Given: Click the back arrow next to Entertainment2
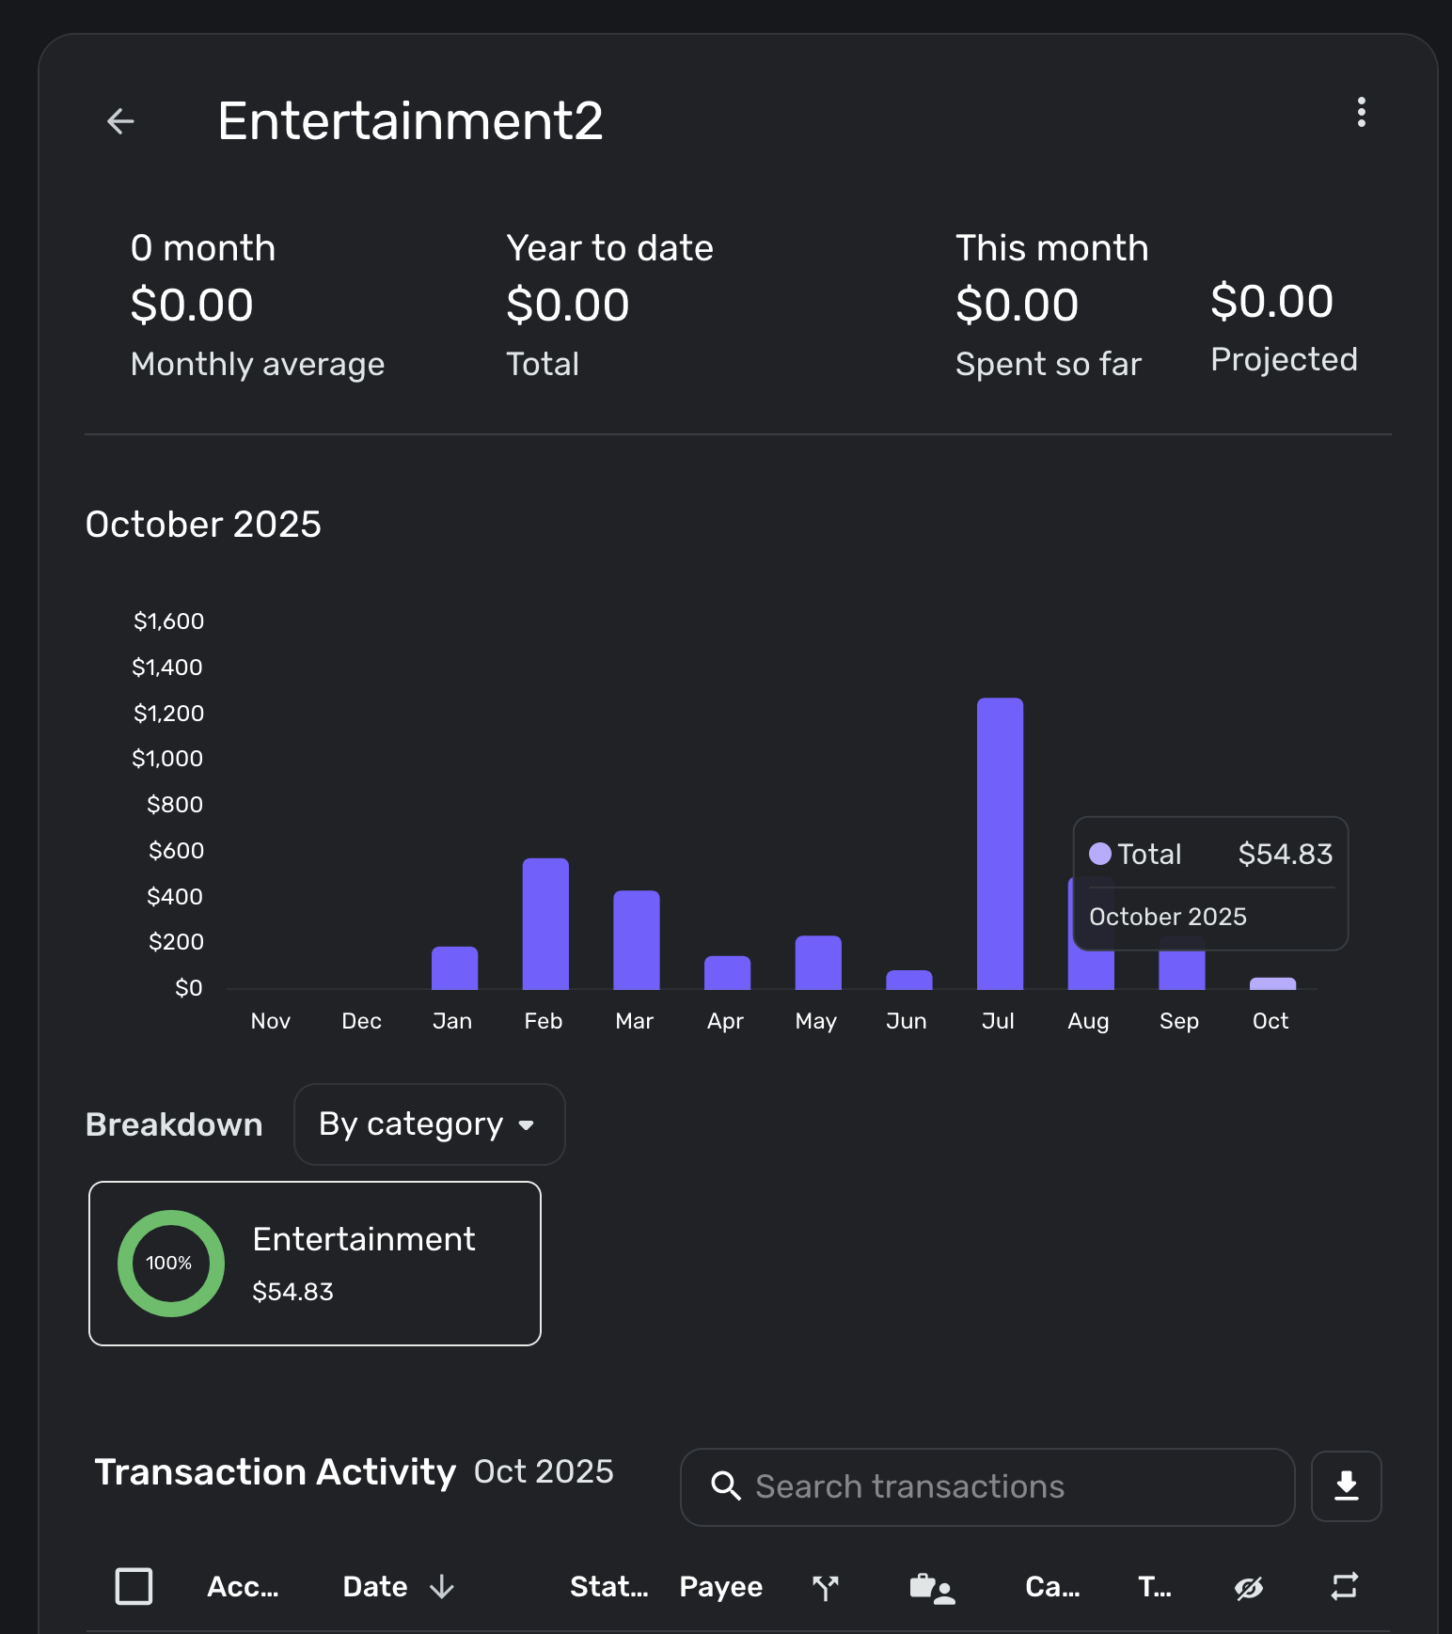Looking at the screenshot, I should [120, 121].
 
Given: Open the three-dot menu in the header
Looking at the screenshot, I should [1361, 112].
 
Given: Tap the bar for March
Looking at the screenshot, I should [637, 939].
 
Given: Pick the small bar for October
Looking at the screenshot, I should [1272, 983].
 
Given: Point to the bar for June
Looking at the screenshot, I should [908, 980].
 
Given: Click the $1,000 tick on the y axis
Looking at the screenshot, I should [167, 759].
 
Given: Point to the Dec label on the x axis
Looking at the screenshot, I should [361, 1021].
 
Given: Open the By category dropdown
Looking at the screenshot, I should [429, 1124].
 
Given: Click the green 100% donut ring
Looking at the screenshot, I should [171, 1263].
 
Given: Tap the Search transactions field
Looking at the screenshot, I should [987, 1486].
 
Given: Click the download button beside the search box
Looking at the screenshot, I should [1346, 1486].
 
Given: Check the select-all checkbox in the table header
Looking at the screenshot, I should [134, 1586].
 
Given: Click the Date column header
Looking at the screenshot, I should [375, 1587].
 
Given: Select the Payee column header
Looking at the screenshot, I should [720, 1587].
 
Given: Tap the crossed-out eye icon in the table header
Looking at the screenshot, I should [1248, 1588].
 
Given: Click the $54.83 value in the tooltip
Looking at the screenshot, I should [1285, 854].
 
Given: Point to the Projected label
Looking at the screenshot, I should [1284, 359].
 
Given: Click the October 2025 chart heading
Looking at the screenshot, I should [203, 525].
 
